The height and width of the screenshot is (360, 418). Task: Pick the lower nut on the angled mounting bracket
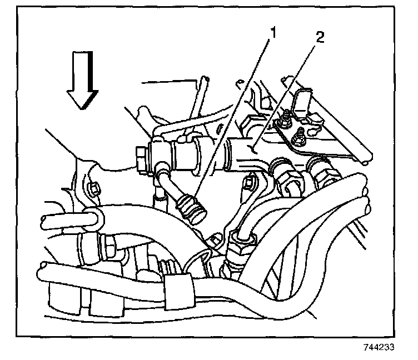[300, 134]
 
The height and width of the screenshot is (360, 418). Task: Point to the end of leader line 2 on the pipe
[253, 149]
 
